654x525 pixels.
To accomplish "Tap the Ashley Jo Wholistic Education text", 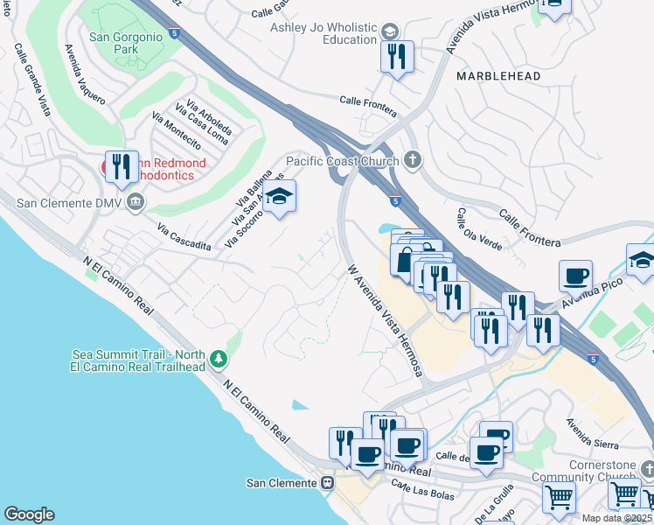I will tap(324, 33).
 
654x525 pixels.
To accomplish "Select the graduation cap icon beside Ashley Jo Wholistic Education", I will tap(387, 33).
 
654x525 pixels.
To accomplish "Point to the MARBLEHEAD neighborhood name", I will tap(498, 76).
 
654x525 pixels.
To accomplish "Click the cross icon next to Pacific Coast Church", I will tap(414, 160).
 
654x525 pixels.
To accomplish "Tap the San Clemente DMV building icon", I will tap(136, 203).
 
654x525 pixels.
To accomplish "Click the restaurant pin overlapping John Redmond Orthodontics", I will tap(122, 166).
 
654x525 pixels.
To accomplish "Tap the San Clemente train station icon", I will tap(328, 483).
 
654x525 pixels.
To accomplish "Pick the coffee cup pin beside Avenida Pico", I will tap(575, 276).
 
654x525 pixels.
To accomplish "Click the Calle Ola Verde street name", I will tap(479, 229).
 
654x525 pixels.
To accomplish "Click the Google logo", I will tap(29, 514).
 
